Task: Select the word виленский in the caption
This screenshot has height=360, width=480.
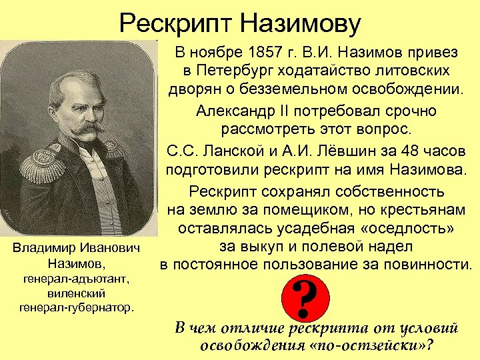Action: click(x=71, y=293)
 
